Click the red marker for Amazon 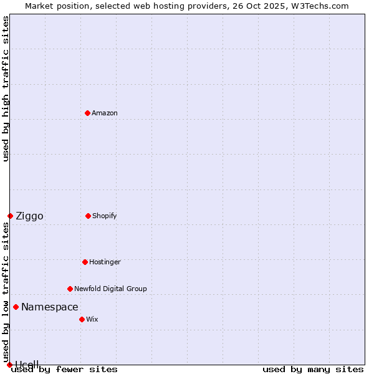[x=87, y=113]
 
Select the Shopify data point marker [x=88, y=216]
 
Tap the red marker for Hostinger [x=85, y=262]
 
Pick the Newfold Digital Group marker [x=70, y=289]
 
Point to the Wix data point [x=82, y=319]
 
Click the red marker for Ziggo [x=10, y=216]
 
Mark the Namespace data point [x=16, y=307]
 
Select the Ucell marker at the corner [x=9, y=365]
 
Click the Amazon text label [x=105, y=113]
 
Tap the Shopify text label [x=105, y=216]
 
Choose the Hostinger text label [x=105, y=262]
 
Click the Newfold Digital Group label [x=110, y=289]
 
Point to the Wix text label [x=92, y=319]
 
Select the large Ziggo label [x=29, y=216]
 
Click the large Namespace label [x=50, y=307]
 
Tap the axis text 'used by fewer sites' [x=64, y=369]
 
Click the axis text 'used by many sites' [x=313, y=369]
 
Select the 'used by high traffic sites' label [x=6, y=89]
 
